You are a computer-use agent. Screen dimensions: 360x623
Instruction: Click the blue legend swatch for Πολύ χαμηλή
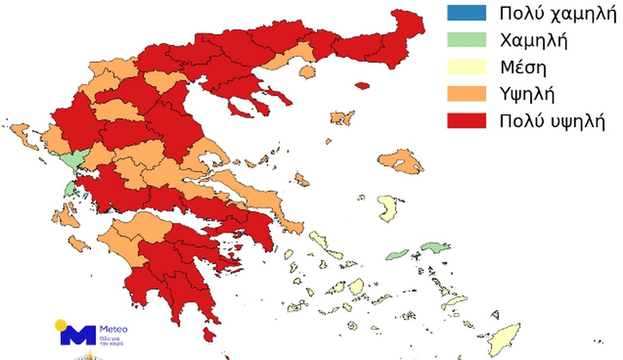(x=466, y=13)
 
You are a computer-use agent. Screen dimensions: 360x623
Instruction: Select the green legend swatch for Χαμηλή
(x=466, y=40)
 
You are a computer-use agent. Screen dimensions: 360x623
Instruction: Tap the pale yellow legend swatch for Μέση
(x=466, y=67)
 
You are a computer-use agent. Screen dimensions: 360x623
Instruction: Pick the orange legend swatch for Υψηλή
(x=466, y=93)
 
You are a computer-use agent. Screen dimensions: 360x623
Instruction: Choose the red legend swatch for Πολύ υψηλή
(x=466, y=121)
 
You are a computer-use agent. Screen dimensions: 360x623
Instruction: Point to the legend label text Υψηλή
(x=527, y=94)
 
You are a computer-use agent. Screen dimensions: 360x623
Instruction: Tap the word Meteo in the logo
(x=114, y=329)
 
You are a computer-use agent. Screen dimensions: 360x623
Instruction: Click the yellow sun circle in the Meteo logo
(x=61, y=325)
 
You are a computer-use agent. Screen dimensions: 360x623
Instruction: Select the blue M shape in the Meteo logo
(x=78, y=335)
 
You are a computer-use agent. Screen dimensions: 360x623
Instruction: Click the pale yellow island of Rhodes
(x=504, y=338)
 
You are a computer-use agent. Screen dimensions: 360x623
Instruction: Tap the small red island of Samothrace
(x=362, y=86)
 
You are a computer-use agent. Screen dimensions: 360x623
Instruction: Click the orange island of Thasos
(x=307, y=72)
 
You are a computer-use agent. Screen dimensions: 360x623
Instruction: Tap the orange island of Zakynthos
(x=79, y=243)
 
